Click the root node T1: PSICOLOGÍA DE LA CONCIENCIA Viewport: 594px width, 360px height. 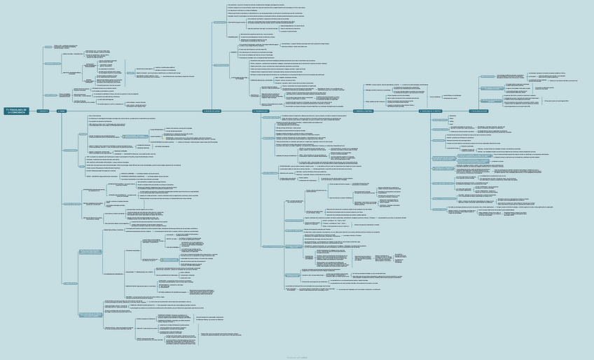coord(15,111)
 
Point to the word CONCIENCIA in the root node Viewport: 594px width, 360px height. coord(18,113)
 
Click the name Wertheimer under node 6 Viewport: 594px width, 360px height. coord(452,116)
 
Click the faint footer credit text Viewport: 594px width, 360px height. coord(296,356)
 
